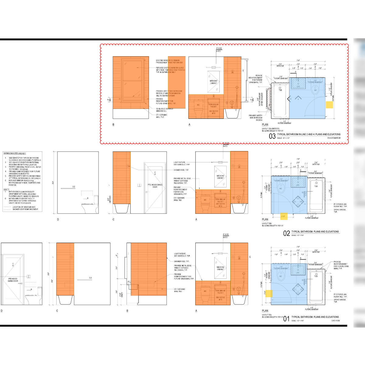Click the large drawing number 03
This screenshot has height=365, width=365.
pyautogui.click(x=272, y=136)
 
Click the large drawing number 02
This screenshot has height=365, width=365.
pyautogui.click(x=287, y=233)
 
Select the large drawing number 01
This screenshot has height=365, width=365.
pyautogui.click(x=286, y=319)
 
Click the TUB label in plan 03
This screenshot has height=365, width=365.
pyautogui.click(x=280, y=90)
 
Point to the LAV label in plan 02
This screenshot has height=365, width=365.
pyautogui.click(x=298, y=185)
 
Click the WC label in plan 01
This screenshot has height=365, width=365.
pyautogui.click(x=280, y=276)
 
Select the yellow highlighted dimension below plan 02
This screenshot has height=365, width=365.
pyautogui.click(x=283, y=216)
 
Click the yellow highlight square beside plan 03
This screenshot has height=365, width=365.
pyautogui.click(x=329, y=105)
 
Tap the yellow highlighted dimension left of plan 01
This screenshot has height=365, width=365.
pyautogui.click(x=269, y=294)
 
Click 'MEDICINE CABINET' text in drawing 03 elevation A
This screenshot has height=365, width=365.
pyautogui.click(x=214, y=82)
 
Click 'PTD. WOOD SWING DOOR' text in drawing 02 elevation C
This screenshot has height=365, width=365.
pyautogui.click(x=155, y=186)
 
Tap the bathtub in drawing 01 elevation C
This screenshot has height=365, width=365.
pyautogui.click(x=65, y=300)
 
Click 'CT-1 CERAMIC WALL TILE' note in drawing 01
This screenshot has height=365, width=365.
pyautogui.click(x=179, y=290)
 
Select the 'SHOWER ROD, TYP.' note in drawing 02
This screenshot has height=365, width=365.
pyautogui.click(x=182, y=170)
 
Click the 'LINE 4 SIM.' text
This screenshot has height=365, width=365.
pyautogui.click(x=335, y=321)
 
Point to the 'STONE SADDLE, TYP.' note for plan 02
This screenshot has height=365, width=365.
pyautogui.click(x=340, y=210)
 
